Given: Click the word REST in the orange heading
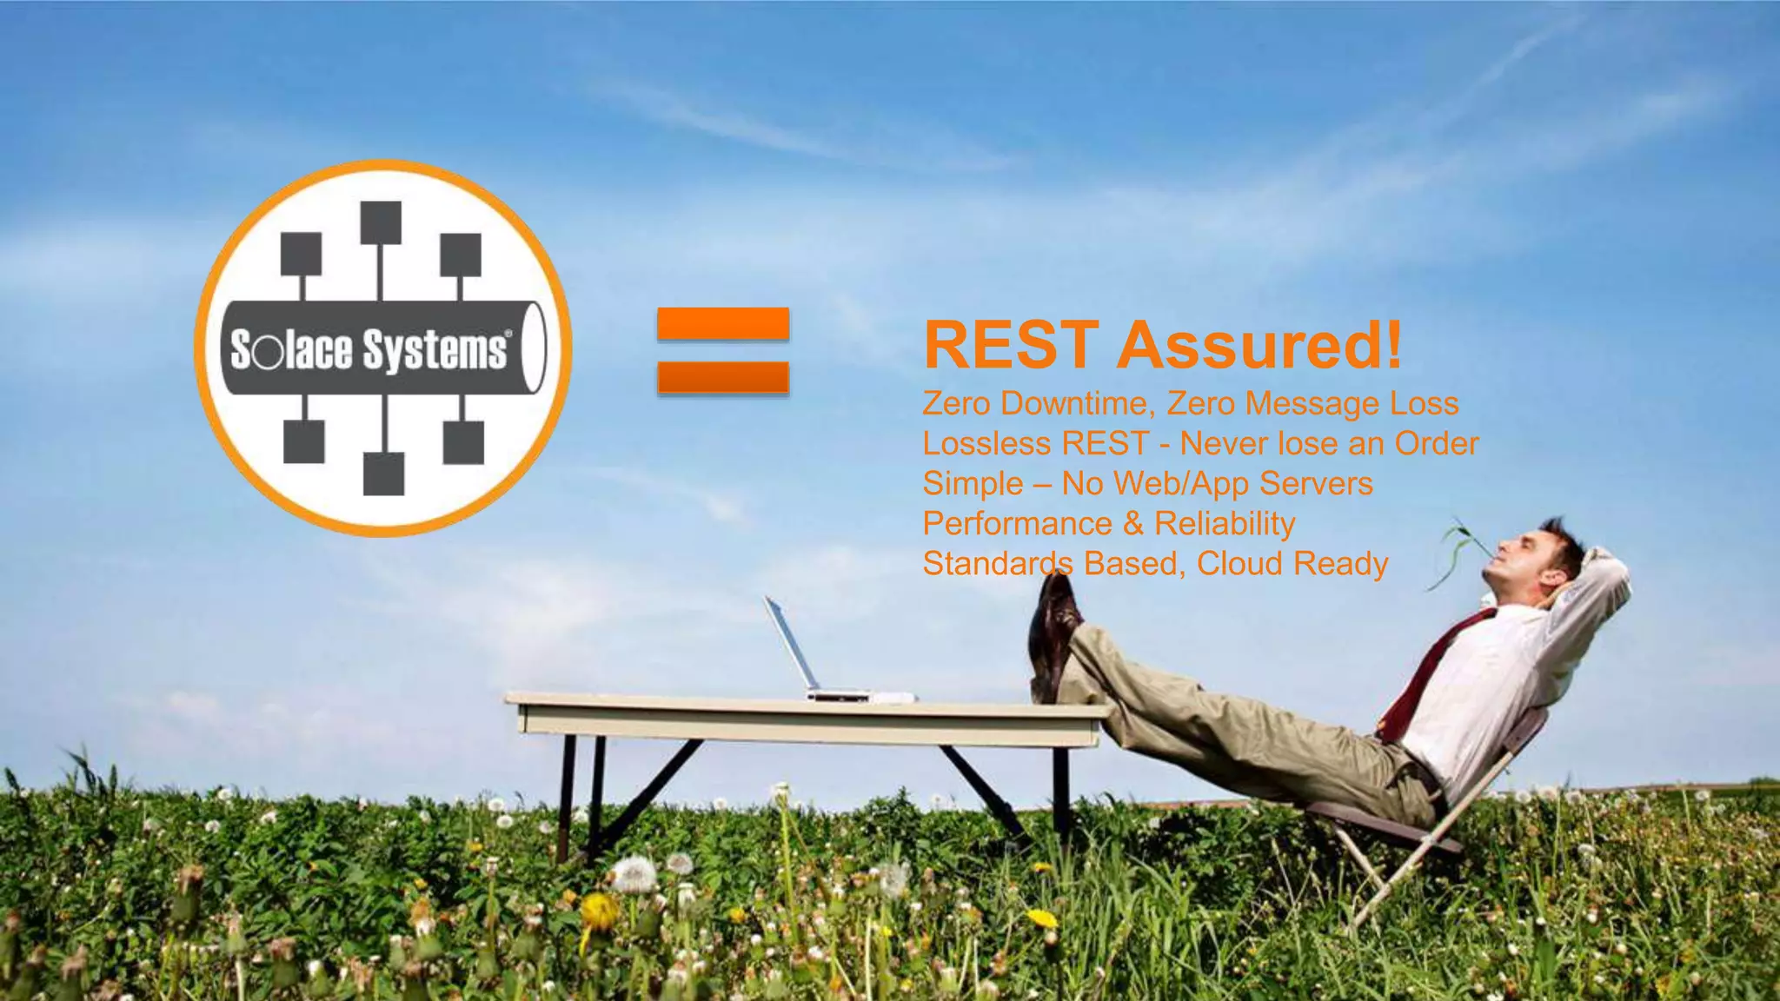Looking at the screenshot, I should (1012, 345).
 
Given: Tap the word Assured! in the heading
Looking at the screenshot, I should (1259, 345).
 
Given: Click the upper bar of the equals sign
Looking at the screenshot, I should (723, 324).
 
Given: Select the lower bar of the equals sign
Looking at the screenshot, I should (723, 378).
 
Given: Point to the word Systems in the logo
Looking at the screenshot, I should (435, 350).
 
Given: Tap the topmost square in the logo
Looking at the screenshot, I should (381, 222).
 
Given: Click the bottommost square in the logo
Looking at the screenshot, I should (383, 474).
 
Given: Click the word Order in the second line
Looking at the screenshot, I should (1436, 444).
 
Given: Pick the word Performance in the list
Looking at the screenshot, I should (1017, 524).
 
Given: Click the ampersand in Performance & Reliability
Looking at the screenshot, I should (1132, 524).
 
